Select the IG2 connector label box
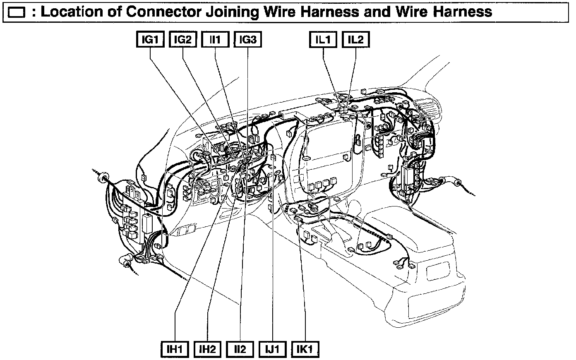pos(182,40)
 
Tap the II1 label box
pos(215,40)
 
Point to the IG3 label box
pos(248,40)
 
